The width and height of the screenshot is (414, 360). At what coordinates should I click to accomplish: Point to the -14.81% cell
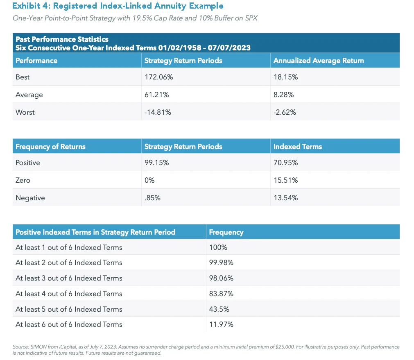coord(158,112)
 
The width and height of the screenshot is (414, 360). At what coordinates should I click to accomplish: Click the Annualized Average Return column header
coord(319,61)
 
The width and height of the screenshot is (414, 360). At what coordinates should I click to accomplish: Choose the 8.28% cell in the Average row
coord(283,95)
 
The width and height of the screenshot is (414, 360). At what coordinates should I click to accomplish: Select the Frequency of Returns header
coord(50,147)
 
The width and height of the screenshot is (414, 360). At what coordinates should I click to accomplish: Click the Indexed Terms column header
coord(298,147)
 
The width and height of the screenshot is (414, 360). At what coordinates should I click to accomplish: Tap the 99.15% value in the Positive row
coord(157,163)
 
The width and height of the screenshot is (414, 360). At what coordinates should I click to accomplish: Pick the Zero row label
coord(23,180)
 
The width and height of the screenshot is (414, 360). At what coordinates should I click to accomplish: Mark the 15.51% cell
coord(285,180)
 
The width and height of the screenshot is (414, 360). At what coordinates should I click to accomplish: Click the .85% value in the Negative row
coord(153,198)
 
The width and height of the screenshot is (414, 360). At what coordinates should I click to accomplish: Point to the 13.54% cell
coord(285,198)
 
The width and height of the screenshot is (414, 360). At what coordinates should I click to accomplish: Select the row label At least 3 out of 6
coord(69,278)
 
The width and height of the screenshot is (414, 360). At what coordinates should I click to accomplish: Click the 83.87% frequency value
coord(221,294)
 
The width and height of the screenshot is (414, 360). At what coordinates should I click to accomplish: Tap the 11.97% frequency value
coord(221,324)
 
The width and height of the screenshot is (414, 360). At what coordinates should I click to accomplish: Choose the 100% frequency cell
coord(218,247)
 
